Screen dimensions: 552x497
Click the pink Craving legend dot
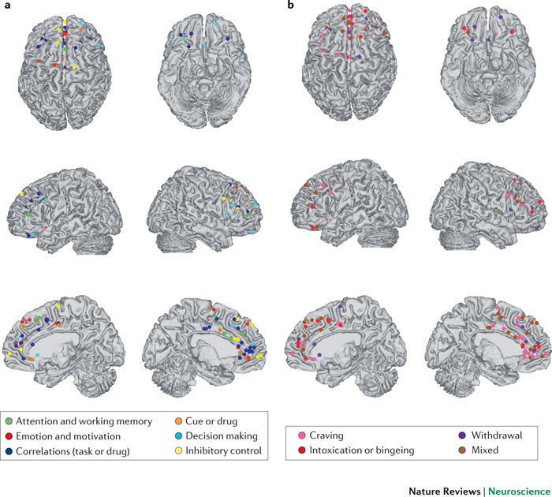coord(303,435)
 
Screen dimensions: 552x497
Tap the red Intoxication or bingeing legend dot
coord(303,450)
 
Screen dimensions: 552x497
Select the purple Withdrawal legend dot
coord(461,435)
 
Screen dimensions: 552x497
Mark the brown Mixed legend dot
coord(461,450)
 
